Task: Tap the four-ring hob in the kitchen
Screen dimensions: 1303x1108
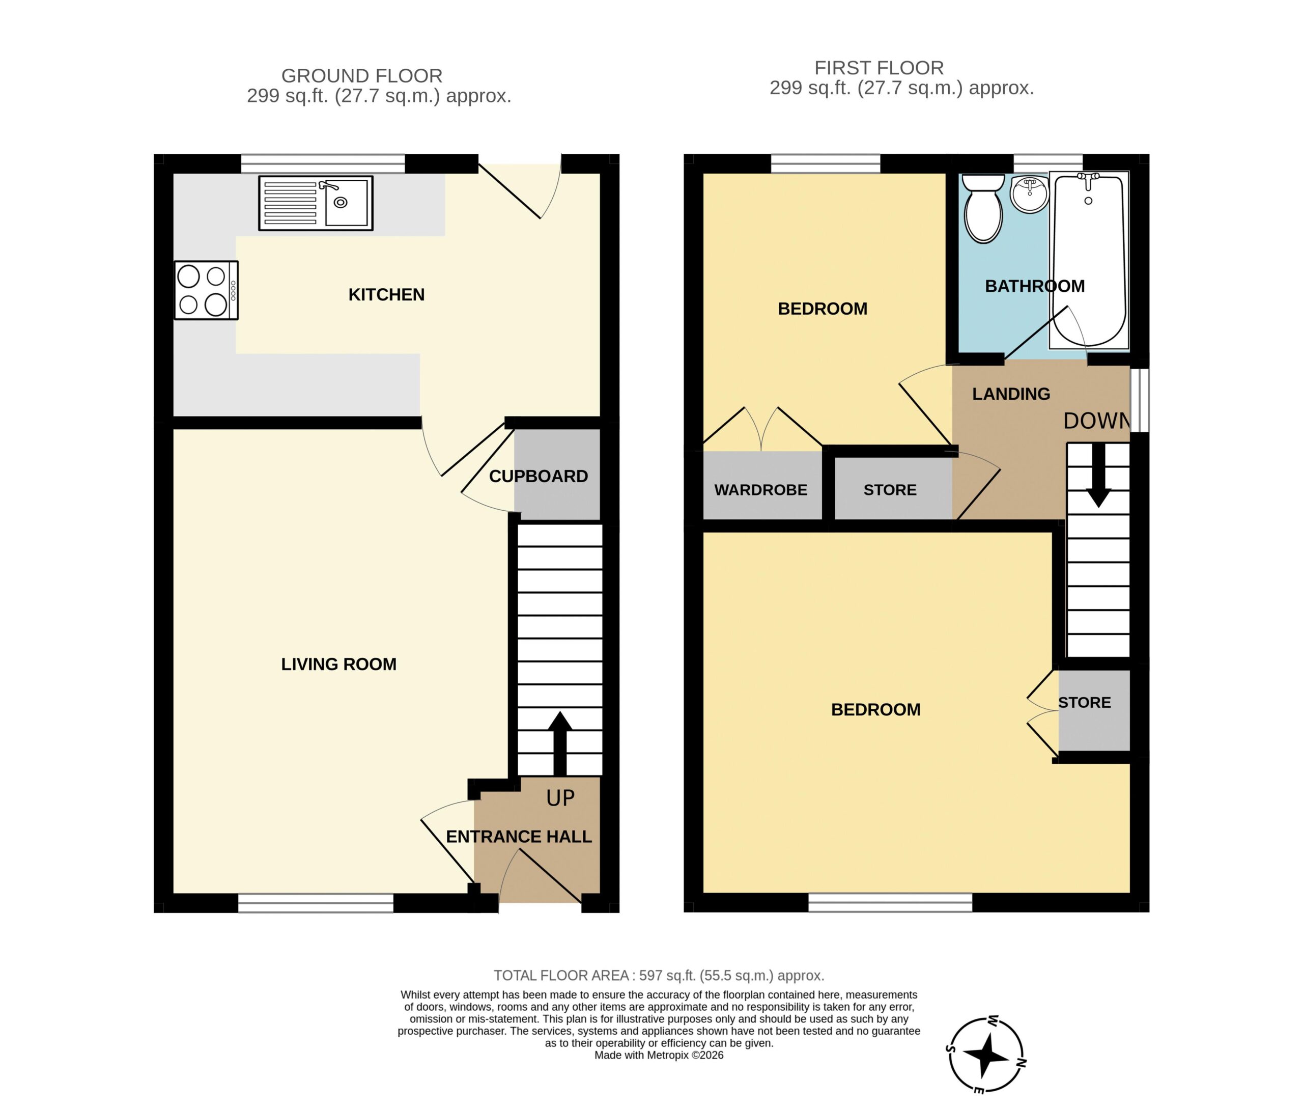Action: coord(206,290)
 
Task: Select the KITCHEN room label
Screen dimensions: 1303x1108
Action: coord(386,295)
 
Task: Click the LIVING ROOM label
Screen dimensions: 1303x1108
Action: coord(338,664)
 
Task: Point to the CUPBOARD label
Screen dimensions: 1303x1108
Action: coord(538,476)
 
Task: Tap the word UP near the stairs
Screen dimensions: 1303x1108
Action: coord(560,798)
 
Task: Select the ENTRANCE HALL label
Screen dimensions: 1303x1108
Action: coord(519,837)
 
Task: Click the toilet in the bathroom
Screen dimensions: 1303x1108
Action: coord(983,208)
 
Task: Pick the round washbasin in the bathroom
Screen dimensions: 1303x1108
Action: coord(1029,194)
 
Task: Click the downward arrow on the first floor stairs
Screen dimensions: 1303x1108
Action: coord(1098,476)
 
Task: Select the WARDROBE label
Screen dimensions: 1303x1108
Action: coord(760,490)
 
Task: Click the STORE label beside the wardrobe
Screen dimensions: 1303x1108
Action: coord(890,490)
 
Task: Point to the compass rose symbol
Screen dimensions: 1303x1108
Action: coord(986,1055)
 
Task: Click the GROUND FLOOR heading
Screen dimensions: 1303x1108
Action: coord(362,75)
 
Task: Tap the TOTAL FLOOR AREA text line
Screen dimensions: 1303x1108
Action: coord(659,976)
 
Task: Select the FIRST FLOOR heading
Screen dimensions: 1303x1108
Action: coord(879,67)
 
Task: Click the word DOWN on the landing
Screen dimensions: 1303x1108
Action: coord(1096,421)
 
